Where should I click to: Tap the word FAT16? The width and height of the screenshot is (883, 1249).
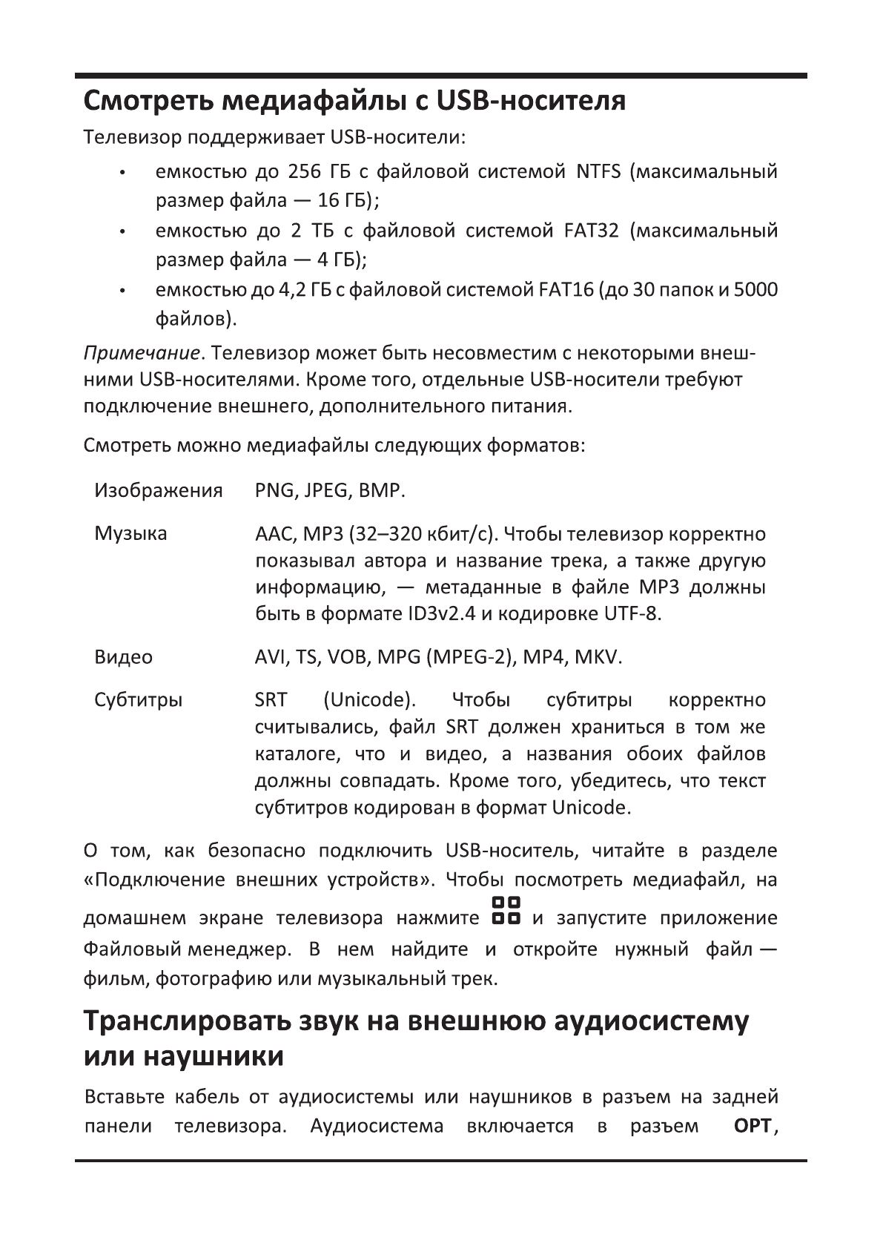pyautogui.click(x=563, y=289)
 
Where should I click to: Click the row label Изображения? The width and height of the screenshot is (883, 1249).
pyautogui.click(x=159, y=491)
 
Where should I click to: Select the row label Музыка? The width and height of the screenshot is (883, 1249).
pyautogui.click(x=130, y=534)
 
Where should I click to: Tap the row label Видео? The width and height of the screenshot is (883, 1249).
pyautogui.click(x=123, y=657)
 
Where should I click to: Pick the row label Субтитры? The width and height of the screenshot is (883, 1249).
pyautogui.click(x=138, y=700)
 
